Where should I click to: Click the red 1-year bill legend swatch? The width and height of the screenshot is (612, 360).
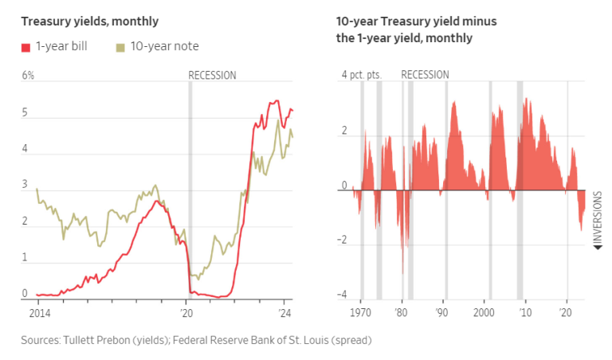(x=25, y=46)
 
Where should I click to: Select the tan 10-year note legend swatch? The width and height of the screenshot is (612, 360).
(x=120, y=46)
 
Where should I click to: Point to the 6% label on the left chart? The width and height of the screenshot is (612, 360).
(x=28, y=76)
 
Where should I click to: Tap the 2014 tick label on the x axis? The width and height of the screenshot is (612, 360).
(x=38, y=313)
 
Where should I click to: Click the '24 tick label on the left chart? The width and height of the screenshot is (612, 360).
(x=285, y=313)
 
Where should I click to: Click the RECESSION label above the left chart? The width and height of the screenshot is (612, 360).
(x=212, y=76)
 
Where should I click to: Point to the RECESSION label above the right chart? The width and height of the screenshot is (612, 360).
(x=425, y=75)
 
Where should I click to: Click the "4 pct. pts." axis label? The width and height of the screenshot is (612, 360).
(x=362, y=75)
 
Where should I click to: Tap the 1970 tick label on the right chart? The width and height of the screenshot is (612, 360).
(x=362, y=313)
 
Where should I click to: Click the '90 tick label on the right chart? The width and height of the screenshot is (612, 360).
(x=441, y=313)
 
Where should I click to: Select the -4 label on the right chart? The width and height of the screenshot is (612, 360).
(x=343, y=295)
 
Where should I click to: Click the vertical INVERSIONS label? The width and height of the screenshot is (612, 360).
(x=598, y=214)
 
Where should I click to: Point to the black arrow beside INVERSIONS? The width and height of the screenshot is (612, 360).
(x=598, y=247)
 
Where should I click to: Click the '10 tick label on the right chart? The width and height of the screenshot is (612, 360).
(x=525, y=313)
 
